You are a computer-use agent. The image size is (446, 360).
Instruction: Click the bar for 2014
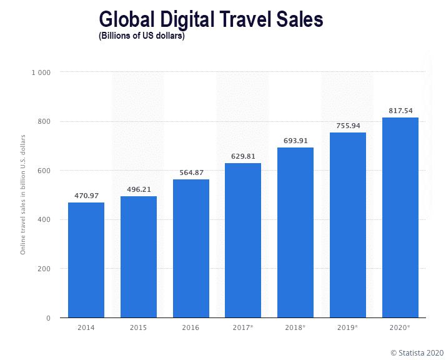point(86,260)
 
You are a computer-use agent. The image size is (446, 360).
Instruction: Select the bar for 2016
point(191,248)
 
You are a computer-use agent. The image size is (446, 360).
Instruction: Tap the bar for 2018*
point(295,232)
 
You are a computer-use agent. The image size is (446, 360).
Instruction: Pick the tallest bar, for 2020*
point(400,217)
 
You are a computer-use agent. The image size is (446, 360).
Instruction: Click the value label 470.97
point(86,196)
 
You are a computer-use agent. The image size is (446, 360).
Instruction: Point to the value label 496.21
point(139,189)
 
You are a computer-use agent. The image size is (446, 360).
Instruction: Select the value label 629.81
point(243,156)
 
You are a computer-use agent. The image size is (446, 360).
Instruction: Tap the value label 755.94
point(348,126)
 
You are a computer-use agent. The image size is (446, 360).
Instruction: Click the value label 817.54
point(400,111)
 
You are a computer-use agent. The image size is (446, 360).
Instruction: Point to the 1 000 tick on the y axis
point(41,72)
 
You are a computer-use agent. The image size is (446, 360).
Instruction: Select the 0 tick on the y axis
point(47,318)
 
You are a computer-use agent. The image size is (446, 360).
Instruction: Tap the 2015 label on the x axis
point(139,327)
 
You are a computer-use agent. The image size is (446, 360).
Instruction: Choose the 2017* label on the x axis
point(244,327)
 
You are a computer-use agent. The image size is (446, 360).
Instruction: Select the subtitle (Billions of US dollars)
point(141,36)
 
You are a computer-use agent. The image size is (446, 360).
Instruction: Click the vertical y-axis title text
point(23,194)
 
